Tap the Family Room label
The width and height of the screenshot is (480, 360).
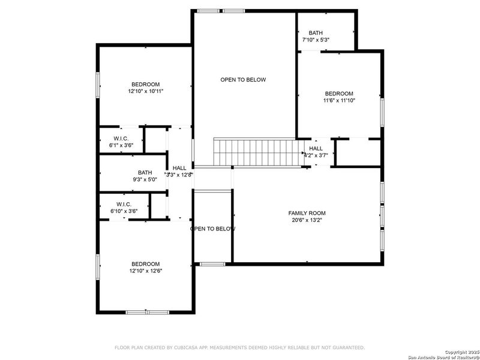(x=307, y=213)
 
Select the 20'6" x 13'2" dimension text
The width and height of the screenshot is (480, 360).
(x=307, y=220)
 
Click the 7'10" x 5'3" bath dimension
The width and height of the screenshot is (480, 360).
(x=315, y=40)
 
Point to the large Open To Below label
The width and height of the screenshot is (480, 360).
(x=243, y=80)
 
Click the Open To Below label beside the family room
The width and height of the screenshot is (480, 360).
(x=212, y=229)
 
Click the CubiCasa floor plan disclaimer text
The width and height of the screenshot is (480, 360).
(x=239, y=347)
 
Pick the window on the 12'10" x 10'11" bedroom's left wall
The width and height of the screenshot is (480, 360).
(x=98, y=84)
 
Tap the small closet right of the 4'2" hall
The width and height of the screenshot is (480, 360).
(x=358, y=152)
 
